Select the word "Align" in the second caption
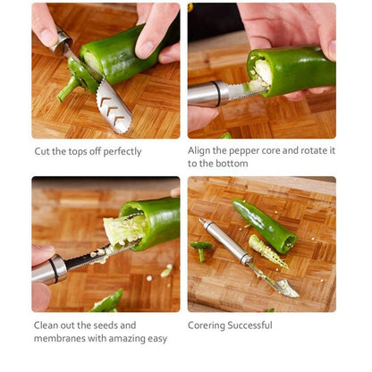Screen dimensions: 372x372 (202, 151)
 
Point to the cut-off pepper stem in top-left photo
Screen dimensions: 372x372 (68, 87)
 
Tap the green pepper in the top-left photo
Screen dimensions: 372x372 (125, 55)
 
